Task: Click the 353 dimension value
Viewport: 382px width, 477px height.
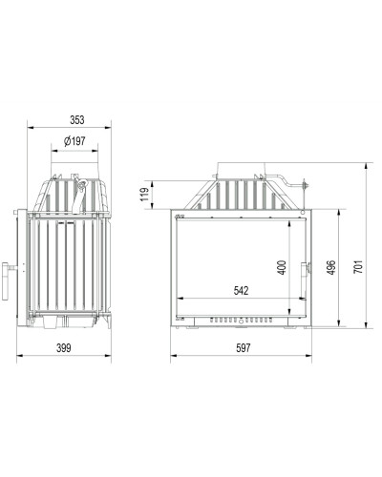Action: click(x=77, y=120)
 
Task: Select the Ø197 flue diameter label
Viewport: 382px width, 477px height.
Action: click(x=74, y=141)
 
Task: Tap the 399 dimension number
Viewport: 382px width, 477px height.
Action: click(x=64, y=348)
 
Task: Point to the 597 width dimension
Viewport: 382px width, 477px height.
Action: click(x=244, y=348)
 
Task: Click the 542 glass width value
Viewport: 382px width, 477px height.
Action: click(x=241, y=291)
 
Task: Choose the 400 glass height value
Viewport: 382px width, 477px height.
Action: click(x=283, y=267)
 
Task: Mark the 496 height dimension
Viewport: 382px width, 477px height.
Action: click(x=331, y=267)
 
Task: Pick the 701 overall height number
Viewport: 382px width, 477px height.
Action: click(x=358, y=267)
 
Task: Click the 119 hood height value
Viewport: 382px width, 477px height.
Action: click(x=145, y=195)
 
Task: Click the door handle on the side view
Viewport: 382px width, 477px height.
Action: click(x=6, y=281)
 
